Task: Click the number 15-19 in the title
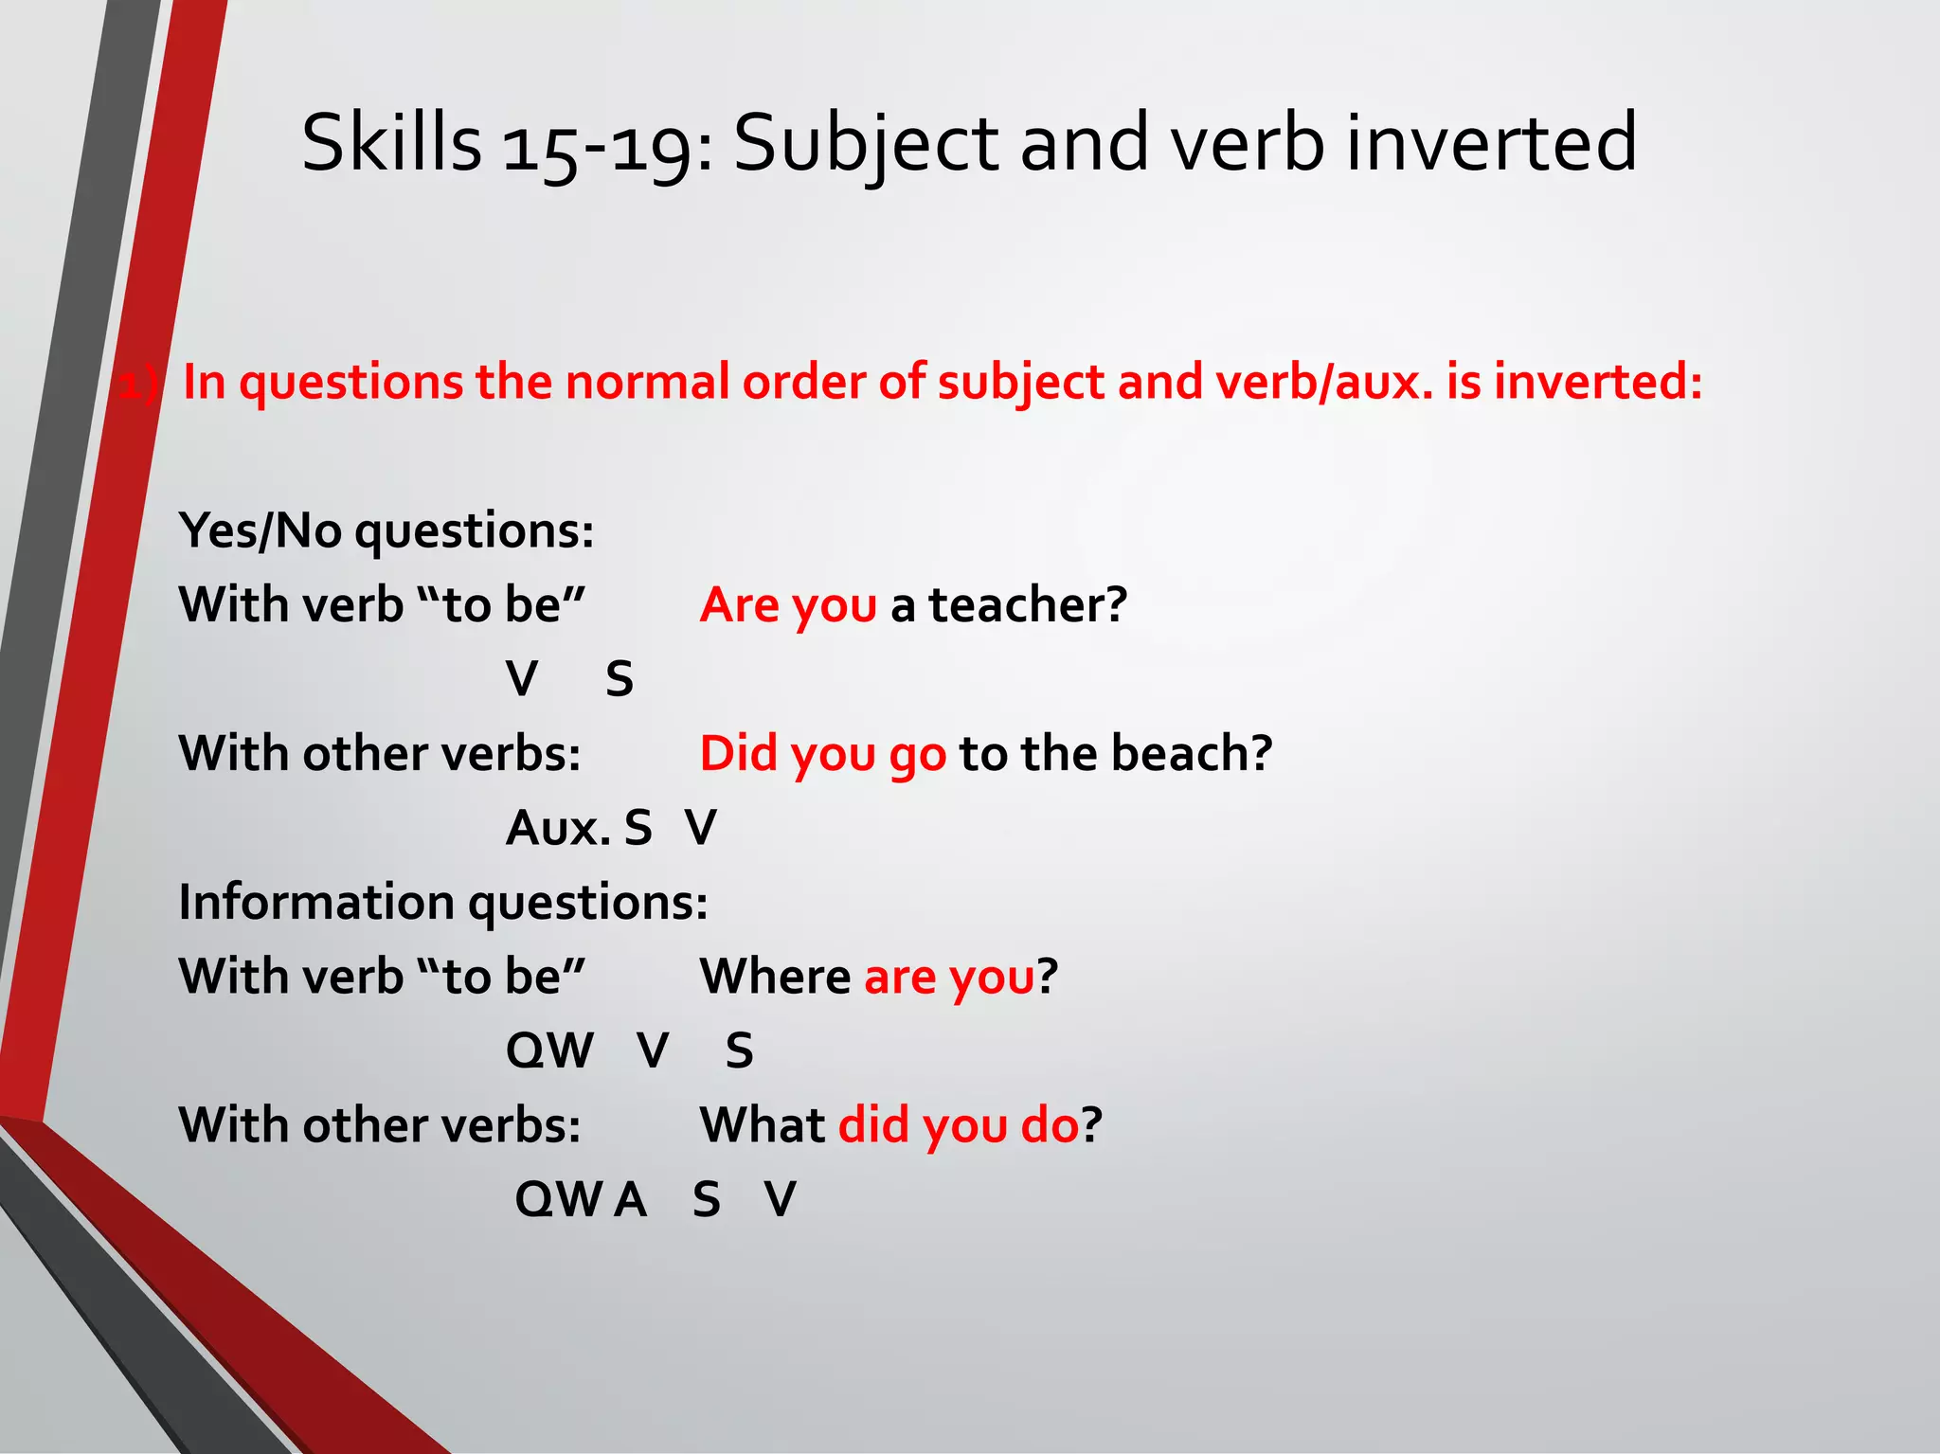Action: click(596, 145)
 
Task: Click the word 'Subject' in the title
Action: click(866, 145)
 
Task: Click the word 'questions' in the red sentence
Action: click(350, 384)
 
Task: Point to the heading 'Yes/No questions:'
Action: click(386, 530)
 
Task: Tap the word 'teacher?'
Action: click(1028, 604)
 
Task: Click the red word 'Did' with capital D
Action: click(738, 753)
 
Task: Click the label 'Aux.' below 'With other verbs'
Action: click(559, 828)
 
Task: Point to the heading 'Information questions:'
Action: click(442, 902)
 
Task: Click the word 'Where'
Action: click(775, 976)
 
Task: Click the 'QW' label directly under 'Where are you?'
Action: click(549, 1050)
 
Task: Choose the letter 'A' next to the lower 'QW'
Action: click(630, 1199)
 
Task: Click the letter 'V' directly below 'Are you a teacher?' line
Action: click(522, 679)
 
